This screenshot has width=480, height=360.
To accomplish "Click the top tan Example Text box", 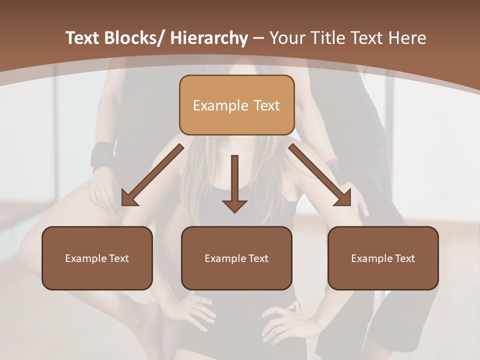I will point(236,105).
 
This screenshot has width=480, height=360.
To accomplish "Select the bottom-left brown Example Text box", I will point(97,258).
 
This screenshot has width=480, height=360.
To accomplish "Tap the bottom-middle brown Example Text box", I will point(236,258).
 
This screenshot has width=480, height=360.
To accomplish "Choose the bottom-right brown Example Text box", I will point(383,258).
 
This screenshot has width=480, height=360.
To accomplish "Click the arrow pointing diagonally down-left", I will point(152,175).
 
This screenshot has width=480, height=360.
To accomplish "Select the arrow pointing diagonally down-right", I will point(320,175).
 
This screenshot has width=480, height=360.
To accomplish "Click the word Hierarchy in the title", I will point(208,38).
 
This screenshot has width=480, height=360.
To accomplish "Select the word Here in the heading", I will point(408,38).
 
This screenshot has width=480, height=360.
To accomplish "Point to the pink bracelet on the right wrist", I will point(331,161).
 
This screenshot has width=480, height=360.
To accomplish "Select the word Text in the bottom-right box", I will point(405,258).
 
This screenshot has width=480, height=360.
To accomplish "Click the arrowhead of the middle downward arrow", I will point(234,205).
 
